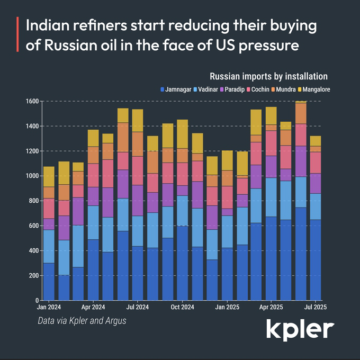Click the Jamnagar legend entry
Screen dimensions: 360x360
pyautogui.click(x=177, y=89)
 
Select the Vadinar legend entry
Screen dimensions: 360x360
pyautogui.click(x=209, y=89)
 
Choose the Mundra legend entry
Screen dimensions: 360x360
pyautogui.click(x=289, y=89)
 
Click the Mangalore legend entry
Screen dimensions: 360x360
pyautogui.click(x=317, y=89)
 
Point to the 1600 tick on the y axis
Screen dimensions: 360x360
pyautogui.click(x=32, y=101)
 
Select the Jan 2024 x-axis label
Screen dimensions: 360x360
pyautogui.click(x=49, y=307)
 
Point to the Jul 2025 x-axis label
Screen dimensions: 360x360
pyautogui.click(x=316, y=307)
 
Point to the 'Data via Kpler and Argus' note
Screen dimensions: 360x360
pyautogui.click(x=82, y=321)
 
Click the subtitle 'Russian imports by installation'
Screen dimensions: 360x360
pyautogui.click(x=268, y=77)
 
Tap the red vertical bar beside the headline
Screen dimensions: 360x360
pyautogui.click(x=18, y=35)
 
